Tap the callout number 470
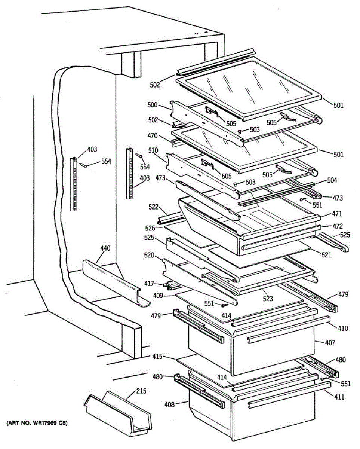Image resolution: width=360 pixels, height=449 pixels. [x=153, y=136]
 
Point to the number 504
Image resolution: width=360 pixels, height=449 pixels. [x=332, y=181]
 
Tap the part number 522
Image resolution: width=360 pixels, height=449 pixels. [x=153, y=207]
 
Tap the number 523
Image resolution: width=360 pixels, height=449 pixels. [x=268, y=299]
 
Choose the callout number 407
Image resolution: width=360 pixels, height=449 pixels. [x=330, y=342]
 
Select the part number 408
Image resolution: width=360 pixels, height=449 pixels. [x=169, y=404]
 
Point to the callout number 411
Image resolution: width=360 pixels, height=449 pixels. [x=339, y=397]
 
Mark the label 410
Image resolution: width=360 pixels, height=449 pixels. [x=343, y=329]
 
